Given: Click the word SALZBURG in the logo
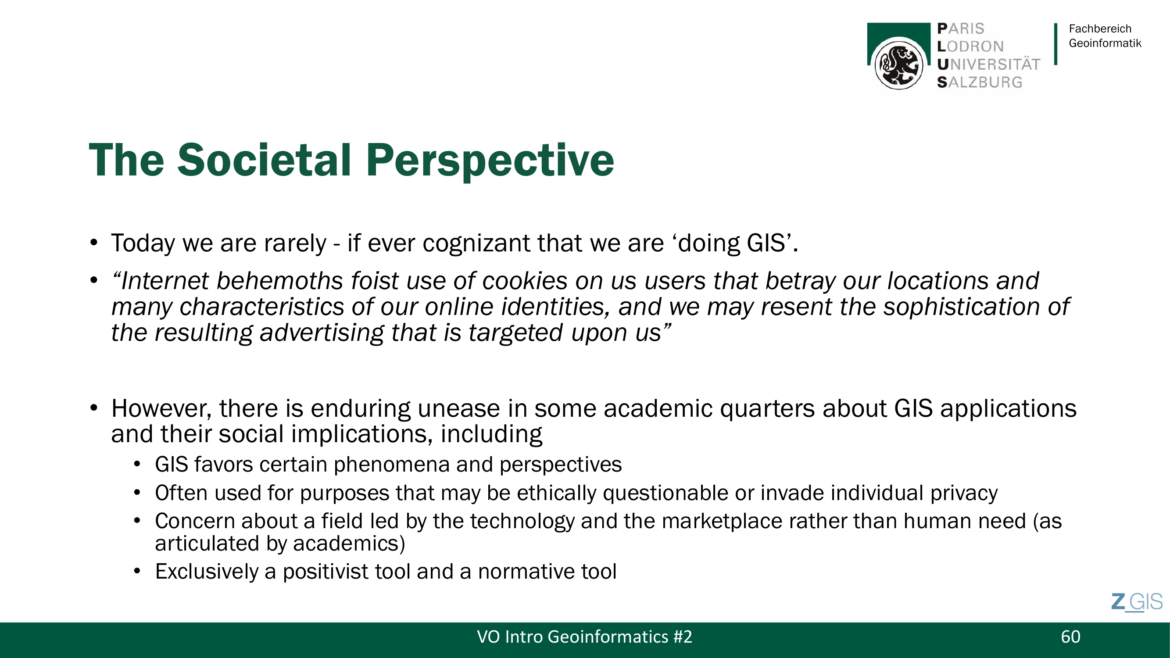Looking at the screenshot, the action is click(980, 82).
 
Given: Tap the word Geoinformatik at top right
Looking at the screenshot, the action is click(1105, 43).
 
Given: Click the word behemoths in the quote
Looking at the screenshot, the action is click(279, 281).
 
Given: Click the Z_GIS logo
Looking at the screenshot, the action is click(1137, 602).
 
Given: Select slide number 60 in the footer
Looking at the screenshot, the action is click(1070, 637).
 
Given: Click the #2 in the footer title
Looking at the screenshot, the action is click(683, 637).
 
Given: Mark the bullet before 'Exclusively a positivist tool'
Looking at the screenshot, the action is click(137, 572).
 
